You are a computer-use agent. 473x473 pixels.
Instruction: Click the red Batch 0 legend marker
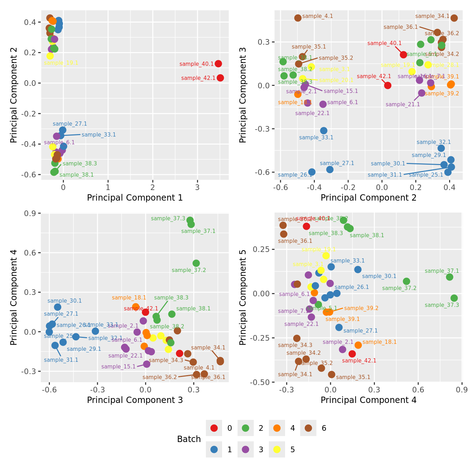214,428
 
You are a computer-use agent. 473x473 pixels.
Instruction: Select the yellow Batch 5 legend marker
277,449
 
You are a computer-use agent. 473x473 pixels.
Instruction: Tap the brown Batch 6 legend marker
308,428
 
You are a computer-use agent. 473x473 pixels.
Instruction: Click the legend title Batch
189,439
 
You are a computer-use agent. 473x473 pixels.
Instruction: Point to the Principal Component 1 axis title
135,198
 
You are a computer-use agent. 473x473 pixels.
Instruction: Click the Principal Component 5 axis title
243,297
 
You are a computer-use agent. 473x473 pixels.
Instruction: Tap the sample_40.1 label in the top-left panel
196,64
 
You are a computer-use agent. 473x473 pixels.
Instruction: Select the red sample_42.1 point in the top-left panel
220,78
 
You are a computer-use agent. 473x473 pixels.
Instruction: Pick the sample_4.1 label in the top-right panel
317,16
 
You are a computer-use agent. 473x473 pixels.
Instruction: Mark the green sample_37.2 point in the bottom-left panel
196,263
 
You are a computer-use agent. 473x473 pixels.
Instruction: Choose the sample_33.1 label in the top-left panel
99,135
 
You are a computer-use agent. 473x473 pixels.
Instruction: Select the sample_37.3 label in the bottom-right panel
442,305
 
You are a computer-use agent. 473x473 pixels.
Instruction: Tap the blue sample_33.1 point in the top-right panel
324,131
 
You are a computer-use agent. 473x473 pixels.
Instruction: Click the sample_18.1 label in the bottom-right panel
379,342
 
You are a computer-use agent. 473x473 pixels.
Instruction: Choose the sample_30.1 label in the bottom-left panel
64,301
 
